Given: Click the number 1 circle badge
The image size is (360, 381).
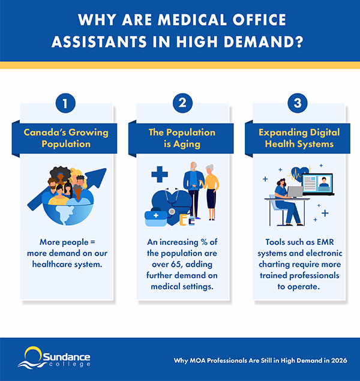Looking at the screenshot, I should pos(65,104).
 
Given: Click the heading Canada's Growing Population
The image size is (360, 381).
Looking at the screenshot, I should pos(65,138).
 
